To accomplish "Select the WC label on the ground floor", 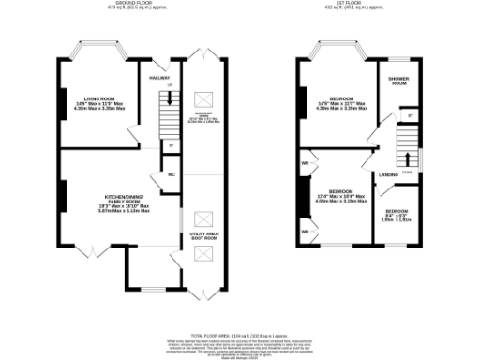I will click(172, 174).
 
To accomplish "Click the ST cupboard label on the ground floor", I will click(171, 145).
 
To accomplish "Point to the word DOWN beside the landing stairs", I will click(407, 172).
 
